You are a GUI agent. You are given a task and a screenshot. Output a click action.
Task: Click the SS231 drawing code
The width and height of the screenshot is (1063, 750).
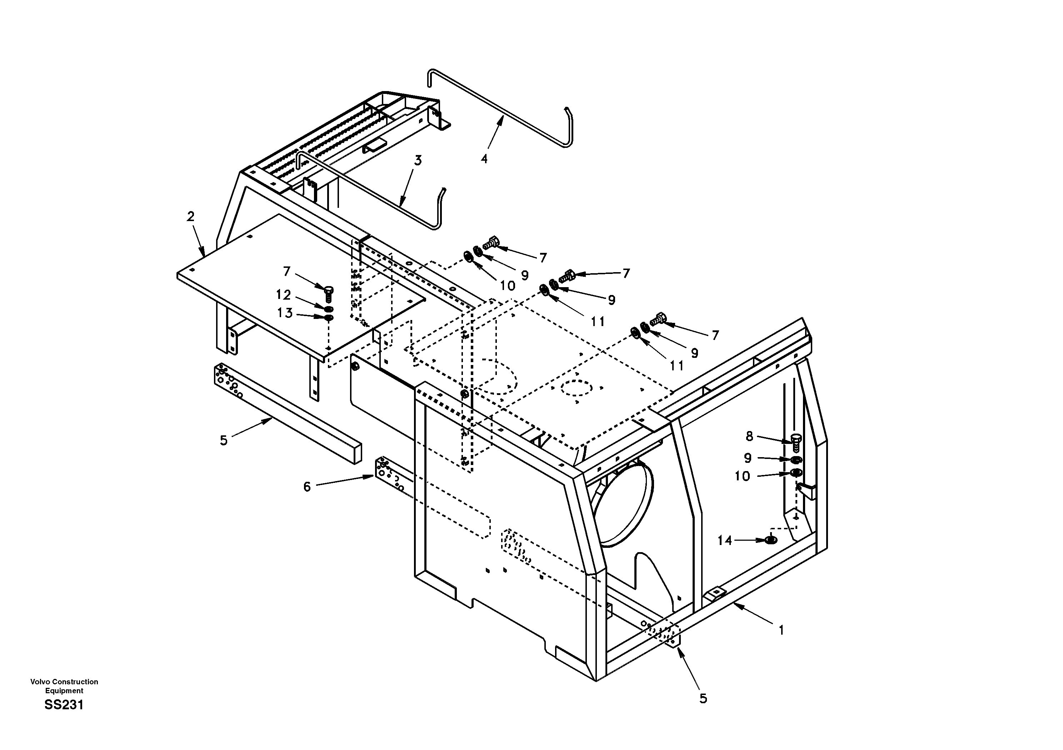(x=64, y=705)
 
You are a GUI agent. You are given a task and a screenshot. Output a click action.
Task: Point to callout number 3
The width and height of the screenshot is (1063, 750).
(x=418, y=161)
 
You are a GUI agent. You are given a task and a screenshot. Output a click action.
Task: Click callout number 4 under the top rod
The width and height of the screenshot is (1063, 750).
(x=484, y=159)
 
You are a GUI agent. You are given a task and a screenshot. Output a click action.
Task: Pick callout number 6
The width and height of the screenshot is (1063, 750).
(x=307, y=486)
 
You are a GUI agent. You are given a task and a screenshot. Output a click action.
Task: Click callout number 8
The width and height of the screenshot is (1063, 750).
(x=749, y=436)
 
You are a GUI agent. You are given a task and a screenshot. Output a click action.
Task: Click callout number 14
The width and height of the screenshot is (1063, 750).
(x=725, y=540)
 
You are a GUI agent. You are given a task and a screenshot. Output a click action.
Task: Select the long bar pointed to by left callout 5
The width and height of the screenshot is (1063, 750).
(x=287, y=412)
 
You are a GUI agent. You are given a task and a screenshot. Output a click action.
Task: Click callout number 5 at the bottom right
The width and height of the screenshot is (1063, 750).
(x=703, y=699)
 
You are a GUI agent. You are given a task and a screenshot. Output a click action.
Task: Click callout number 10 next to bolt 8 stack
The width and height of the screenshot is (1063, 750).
(x=742, y=476)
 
